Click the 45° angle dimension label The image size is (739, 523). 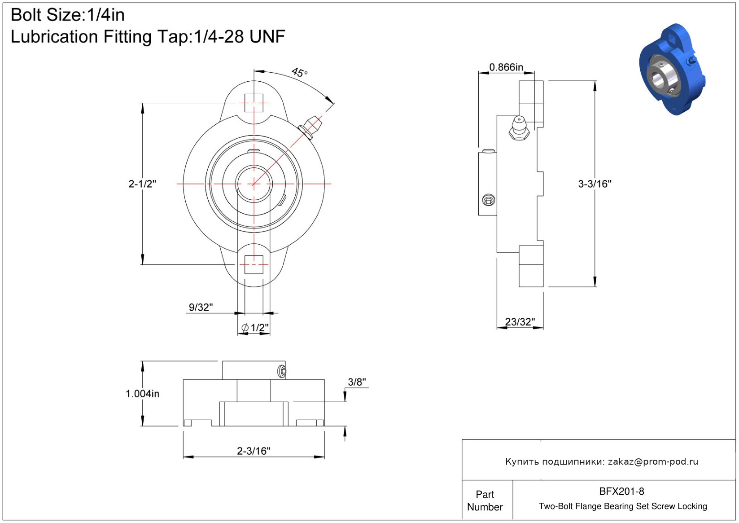[300, 72]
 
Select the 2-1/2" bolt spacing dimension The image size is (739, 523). [142, 184]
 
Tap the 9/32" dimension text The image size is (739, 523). [201, 308]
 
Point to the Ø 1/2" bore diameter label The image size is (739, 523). [255, 328]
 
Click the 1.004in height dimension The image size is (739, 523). [142, 394]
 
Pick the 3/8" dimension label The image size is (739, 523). [357, 382]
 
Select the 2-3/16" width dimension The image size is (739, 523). [254, 451]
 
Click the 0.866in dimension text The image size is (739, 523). [506, 67]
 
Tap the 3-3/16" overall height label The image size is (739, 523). [595, 184]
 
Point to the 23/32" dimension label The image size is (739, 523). [520, 322]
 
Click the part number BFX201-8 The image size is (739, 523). [621, 492]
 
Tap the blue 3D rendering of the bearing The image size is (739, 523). [672, 69]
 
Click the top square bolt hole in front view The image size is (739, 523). [254, 103]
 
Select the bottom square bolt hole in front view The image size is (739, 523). [254, 265]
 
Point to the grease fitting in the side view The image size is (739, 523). [519, 128]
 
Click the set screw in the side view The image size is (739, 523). [488, 200]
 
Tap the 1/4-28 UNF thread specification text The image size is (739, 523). [240, 37]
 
